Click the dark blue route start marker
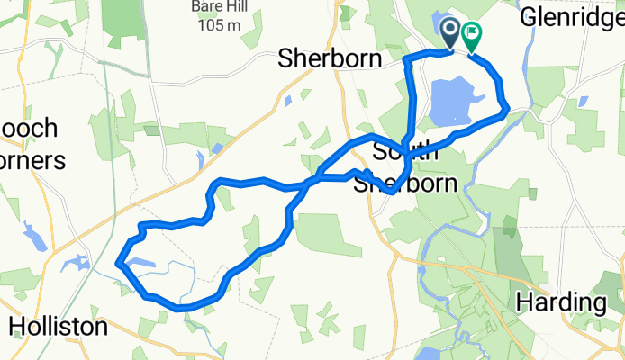tap(451, 34)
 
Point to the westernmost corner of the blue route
tap(118, 263)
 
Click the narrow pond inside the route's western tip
tap(144, 264)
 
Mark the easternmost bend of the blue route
tap(508, 109)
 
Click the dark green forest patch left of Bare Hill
tap(123, 22)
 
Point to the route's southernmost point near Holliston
tap(185, 309)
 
